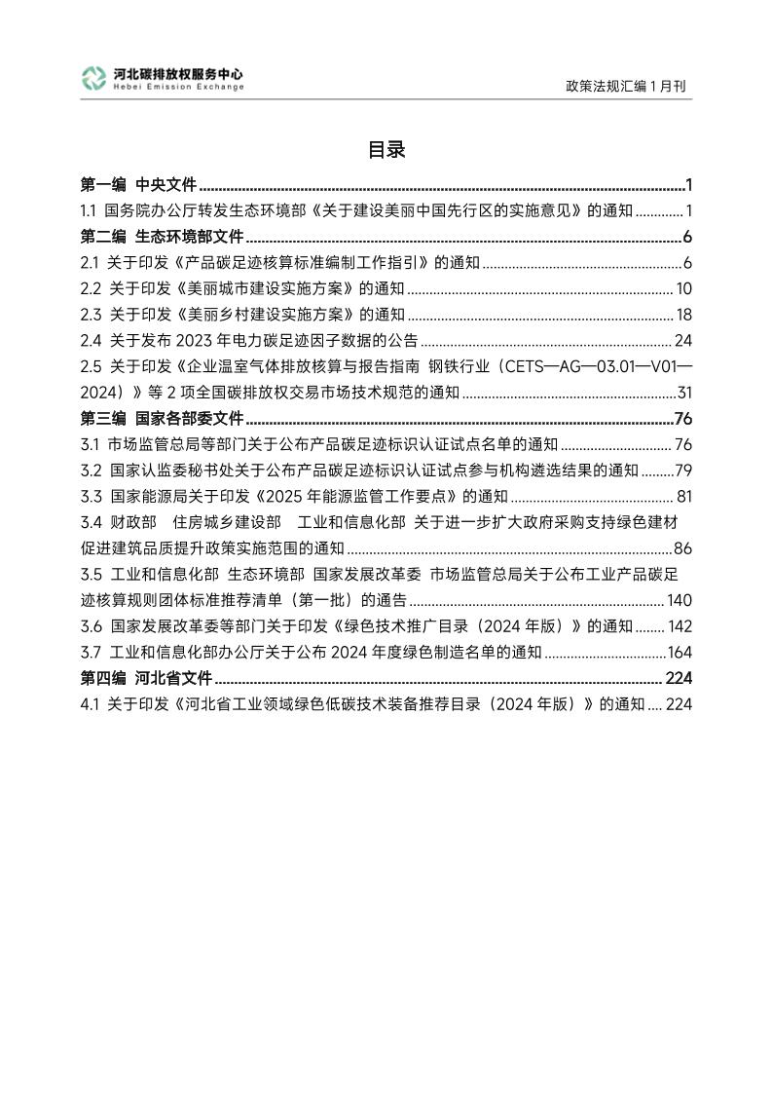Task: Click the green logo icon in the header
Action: [x=94, y=79]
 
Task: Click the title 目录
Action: [x=386, y=150]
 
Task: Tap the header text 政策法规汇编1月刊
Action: [x=626, y=86]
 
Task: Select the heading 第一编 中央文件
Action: [x=138, y=184]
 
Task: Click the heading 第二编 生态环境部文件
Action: [x=162, y=237]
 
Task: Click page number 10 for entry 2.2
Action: [x=683, y=288]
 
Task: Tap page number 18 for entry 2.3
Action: [x=683, y=315]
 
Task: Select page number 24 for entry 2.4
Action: [x=682, y=341]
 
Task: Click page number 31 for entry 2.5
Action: [x=683, y=394]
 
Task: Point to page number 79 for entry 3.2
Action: [x=682, y=471]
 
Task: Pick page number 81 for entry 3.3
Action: [x=683, y=498]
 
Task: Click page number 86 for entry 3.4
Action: [x=682, y=547]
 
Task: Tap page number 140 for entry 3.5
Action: [x=679, y=600]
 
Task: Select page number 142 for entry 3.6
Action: [x=679, y=626]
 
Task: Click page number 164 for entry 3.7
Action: [x=679, y=653]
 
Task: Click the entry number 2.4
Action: [x=91, y=341]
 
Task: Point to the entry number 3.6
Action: [x=92, y=626]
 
